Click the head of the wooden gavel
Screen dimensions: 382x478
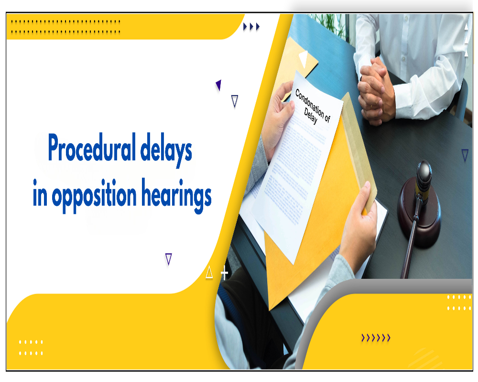coord(423,175)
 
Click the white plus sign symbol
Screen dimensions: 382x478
coord(224,274)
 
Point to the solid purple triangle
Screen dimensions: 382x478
coord(218,85)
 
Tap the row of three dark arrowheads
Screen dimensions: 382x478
coord(251,27)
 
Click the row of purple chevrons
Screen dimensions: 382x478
coord(376,338)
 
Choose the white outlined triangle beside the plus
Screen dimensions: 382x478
coord(209,273)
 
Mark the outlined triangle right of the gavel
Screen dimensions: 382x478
coord(465,155)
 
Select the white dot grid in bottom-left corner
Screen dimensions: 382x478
coord(31,348)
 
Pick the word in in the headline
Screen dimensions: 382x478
coord(40,196)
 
